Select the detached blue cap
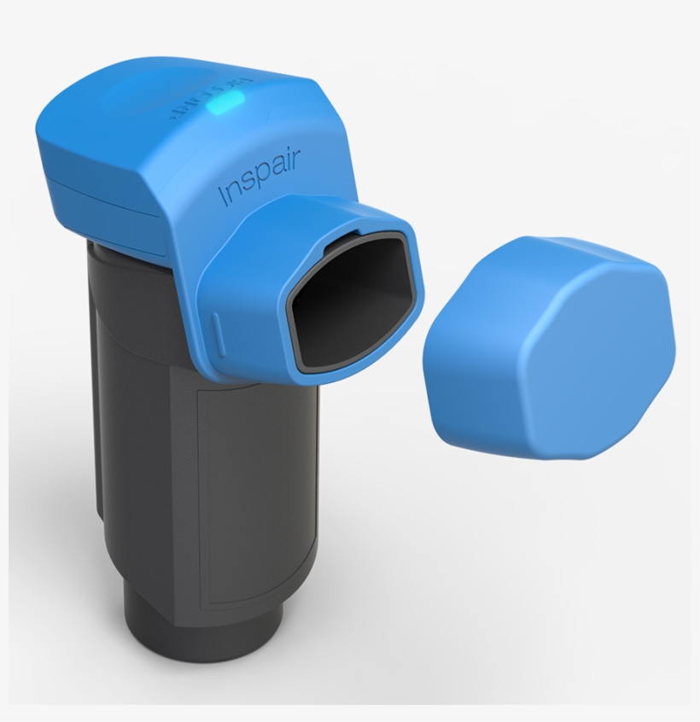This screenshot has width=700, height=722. coord(547,345)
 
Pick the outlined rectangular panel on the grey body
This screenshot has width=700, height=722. coord(248,495)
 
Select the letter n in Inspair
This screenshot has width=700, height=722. coord(233,190)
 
